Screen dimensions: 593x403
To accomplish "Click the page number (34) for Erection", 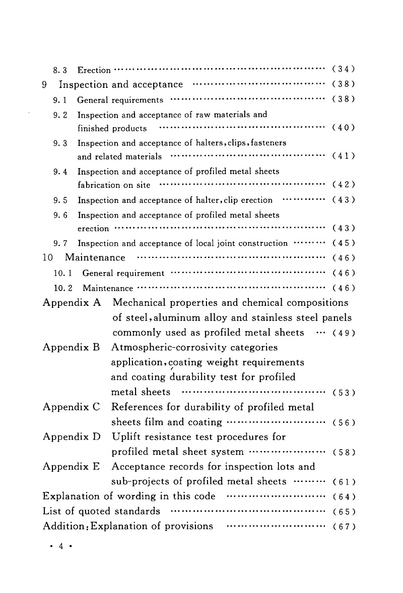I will tap(344, 69).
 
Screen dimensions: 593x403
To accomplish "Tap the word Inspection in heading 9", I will tap(84, 84).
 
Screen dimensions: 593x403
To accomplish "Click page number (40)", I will tap(344, 128).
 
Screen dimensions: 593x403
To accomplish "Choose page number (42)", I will tap(344, 185).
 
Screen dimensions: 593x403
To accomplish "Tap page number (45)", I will tap(344, 244).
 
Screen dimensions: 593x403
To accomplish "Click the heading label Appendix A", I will tap(72, 303).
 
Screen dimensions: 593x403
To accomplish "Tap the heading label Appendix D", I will tap(72, 437).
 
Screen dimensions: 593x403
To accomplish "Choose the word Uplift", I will tap(127, 437).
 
